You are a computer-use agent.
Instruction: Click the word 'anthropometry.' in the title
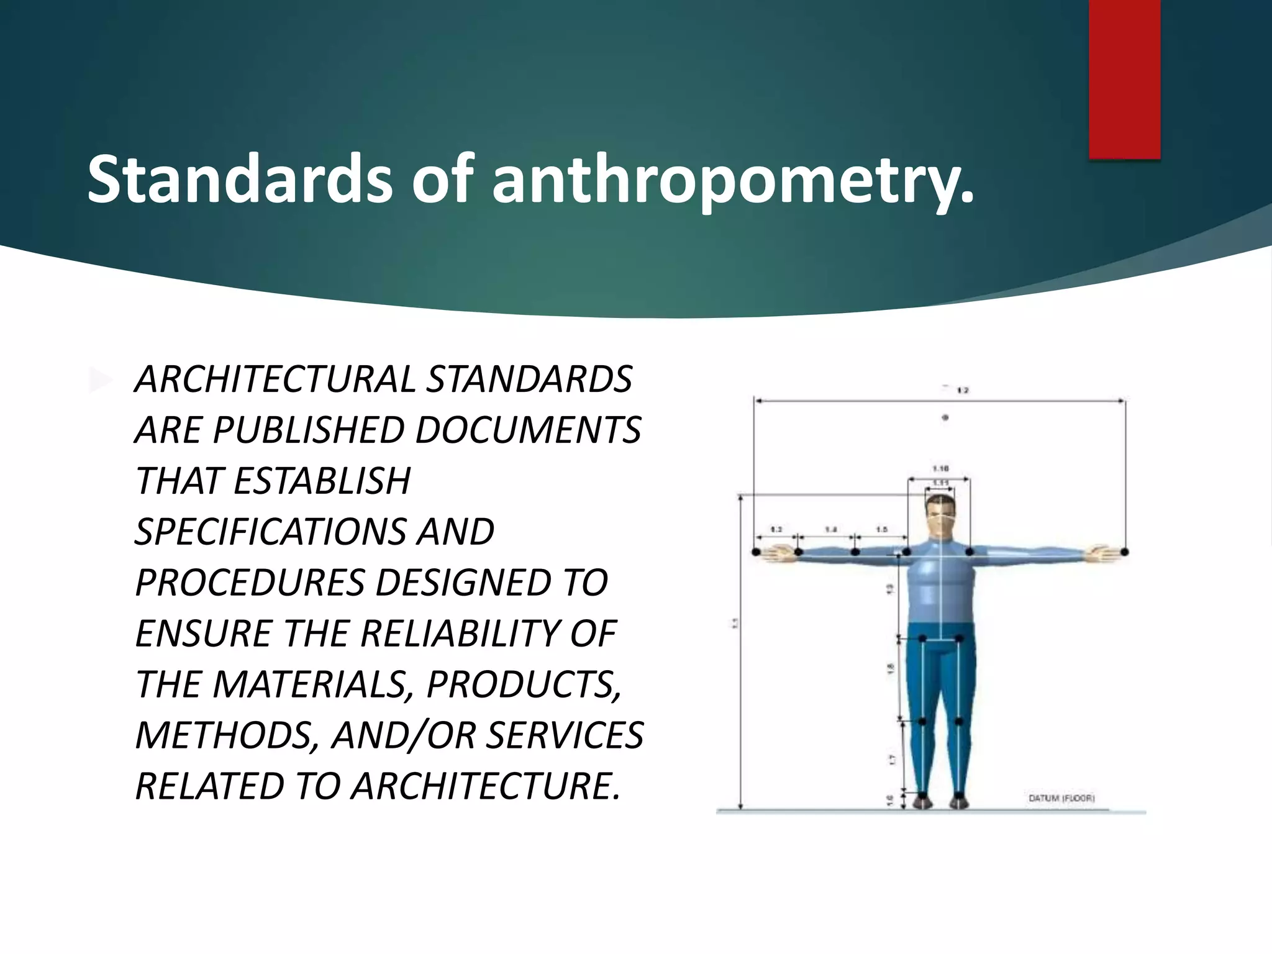pyautogui.click(x=733, y=179)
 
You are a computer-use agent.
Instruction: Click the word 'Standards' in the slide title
pyautogui.click(x=240, y=179)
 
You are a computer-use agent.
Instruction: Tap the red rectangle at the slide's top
pyautogui.click(x=1124, y=79)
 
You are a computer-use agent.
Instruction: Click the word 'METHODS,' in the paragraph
pyautogui.click(x=227, y=735)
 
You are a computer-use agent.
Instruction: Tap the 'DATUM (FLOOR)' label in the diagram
pyautogui.click(x=1061, y=798)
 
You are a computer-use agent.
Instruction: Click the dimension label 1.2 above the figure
pyautogui.click(x=963, y=391)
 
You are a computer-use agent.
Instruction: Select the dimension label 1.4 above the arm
pyautogui.click(x=830, y=530)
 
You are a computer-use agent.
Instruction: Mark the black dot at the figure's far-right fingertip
pyautogui.click(x=1125, y=552)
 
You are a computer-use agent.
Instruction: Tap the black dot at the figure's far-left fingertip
pyautogui.click(x=756, y=552)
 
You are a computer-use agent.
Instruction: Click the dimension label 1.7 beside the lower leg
pyautogui.click(x=891, y=759)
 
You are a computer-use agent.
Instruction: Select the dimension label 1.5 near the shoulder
pyautogui.click(x=881, y=530)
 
